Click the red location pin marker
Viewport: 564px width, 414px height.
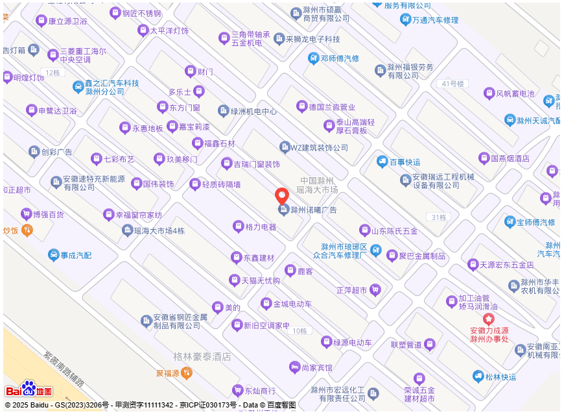[282, 195]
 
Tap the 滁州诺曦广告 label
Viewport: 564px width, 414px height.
[313, 210]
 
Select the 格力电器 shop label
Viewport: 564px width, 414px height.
[261, 226]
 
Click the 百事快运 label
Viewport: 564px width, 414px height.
[405, 162]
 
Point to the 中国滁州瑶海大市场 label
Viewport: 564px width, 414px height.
[317, 185]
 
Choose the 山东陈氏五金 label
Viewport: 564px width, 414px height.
[394, 230]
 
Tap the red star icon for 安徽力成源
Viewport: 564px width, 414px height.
[488, 319]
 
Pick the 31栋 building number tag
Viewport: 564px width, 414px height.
[439, 217]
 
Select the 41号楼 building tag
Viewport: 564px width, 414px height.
[452, 84]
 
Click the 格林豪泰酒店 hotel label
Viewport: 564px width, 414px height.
[202, 357]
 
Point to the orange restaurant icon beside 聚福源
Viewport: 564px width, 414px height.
[186, 373]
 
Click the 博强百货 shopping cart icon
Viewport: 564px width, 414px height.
[26, 213]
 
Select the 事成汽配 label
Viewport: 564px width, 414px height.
[76, 255]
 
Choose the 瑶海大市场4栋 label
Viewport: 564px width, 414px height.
[159, 230]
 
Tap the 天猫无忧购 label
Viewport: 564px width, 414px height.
[260, 280]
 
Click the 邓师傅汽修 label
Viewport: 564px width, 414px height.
[339, 58]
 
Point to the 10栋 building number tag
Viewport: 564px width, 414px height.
[299, 331]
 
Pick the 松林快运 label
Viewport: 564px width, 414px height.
[503, 376]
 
